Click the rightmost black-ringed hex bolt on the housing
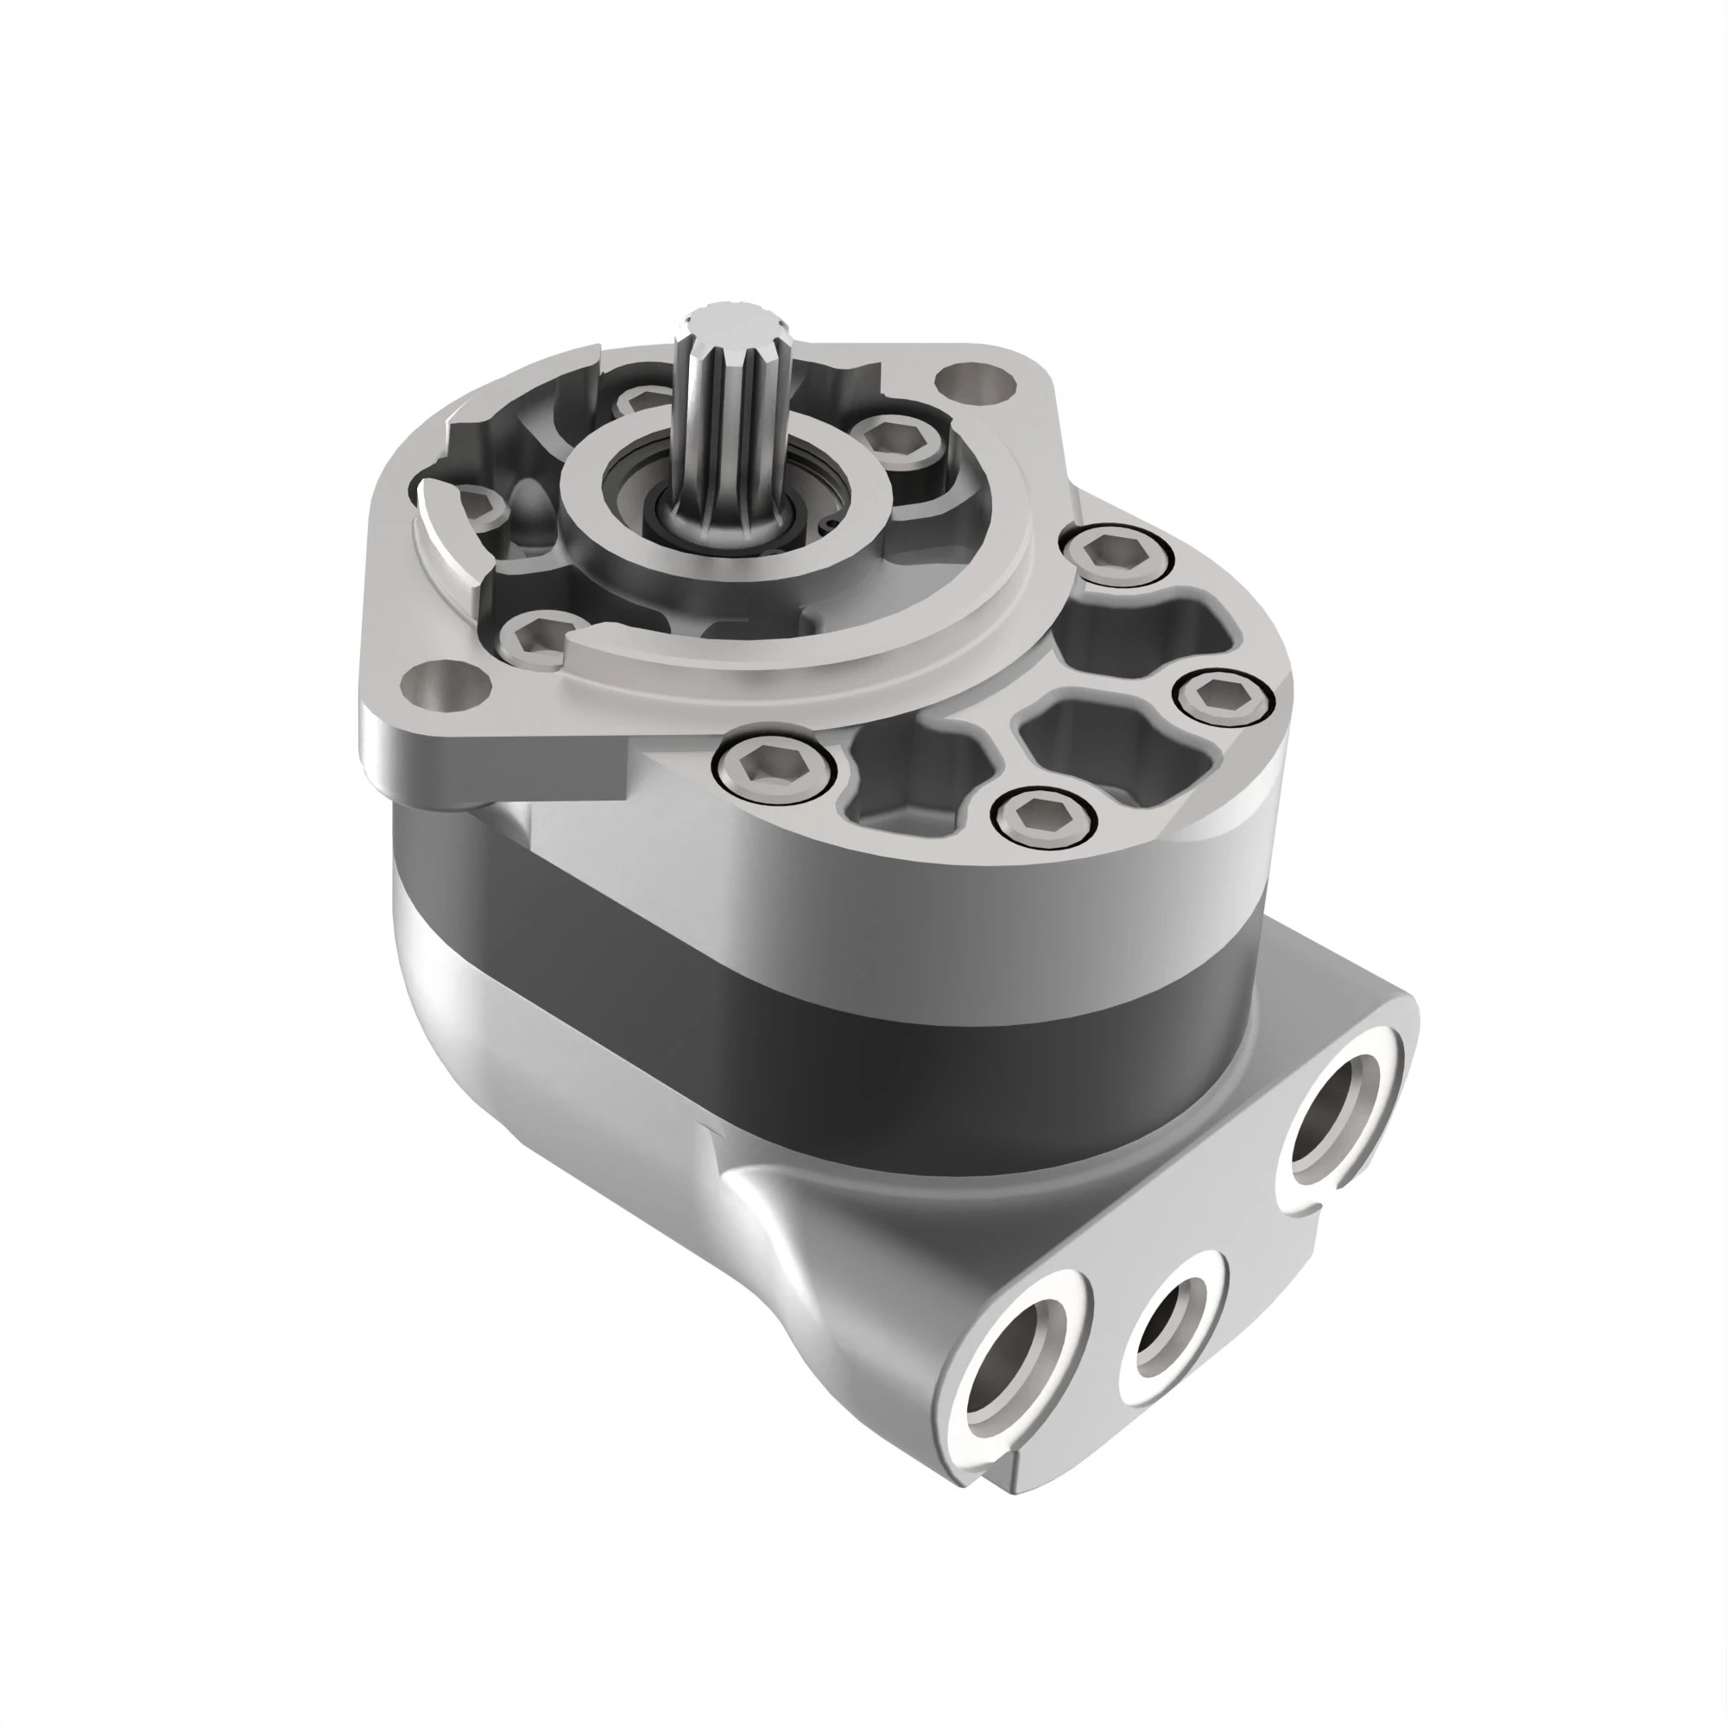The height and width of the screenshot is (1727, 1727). [x=1222, y=695]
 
